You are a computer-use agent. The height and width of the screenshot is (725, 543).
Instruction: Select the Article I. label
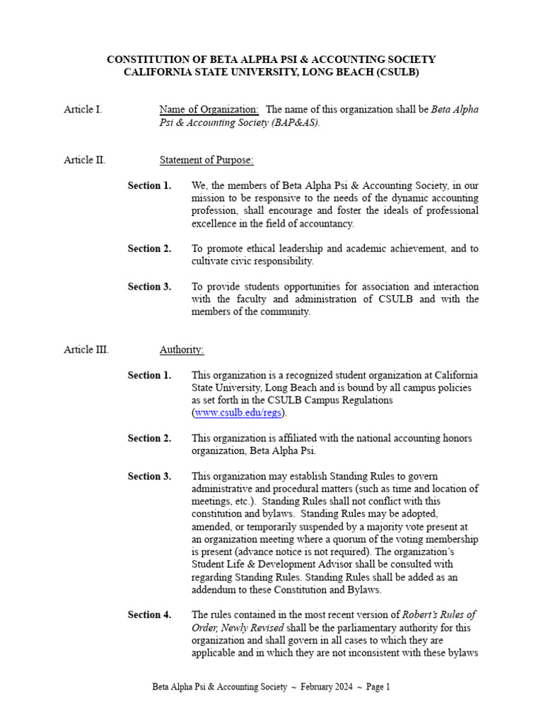tap(83, 109)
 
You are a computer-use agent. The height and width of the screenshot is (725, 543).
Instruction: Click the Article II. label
tap(84, 160)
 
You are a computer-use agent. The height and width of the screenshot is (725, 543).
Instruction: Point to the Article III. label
tap(86, 350)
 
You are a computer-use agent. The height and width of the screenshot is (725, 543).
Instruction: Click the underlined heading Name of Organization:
tap(209, 109)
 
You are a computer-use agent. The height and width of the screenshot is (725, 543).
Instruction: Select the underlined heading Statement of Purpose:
tap(206, 160)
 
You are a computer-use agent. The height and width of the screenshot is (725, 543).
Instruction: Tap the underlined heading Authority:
tap(182, 350)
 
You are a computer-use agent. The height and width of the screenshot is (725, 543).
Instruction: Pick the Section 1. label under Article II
tap(149, 185)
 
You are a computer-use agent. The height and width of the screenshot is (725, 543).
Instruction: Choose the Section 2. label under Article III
tap(149, 438)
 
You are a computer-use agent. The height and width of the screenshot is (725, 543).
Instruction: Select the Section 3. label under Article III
tap(149, 476)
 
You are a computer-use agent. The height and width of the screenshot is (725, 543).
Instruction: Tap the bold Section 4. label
tap(149, 615)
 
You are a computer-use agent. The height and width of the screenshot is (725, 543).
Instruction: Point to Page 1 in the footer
tap(378, 687)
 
